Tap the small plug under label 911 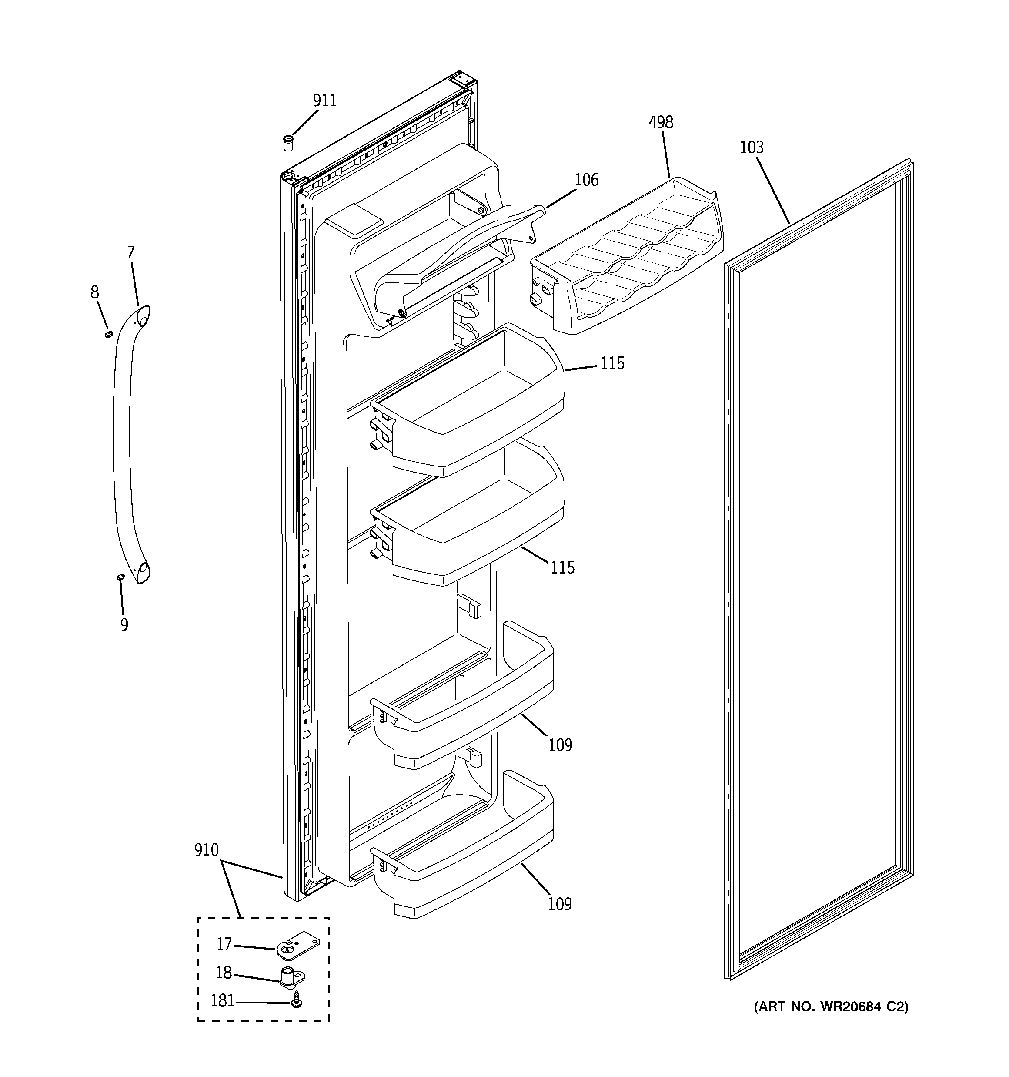pyautogui.click(x=289, y=144)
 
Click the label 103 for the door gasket pyautogui.click(x=752, y=148)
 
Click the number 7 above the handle pyautogui.click(x=130, y=252)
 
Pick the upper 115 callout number pyautogui.click(x=612, y=363)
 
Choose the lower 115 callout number pyautogui.click(x=562, y=568)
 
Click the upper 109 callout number pyautogui.click(x=560, y=745)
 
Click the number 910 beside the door pyautogui.click(x=206, y=850)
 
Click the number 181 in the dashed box pyautogui.click(x=222, y=1000)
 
